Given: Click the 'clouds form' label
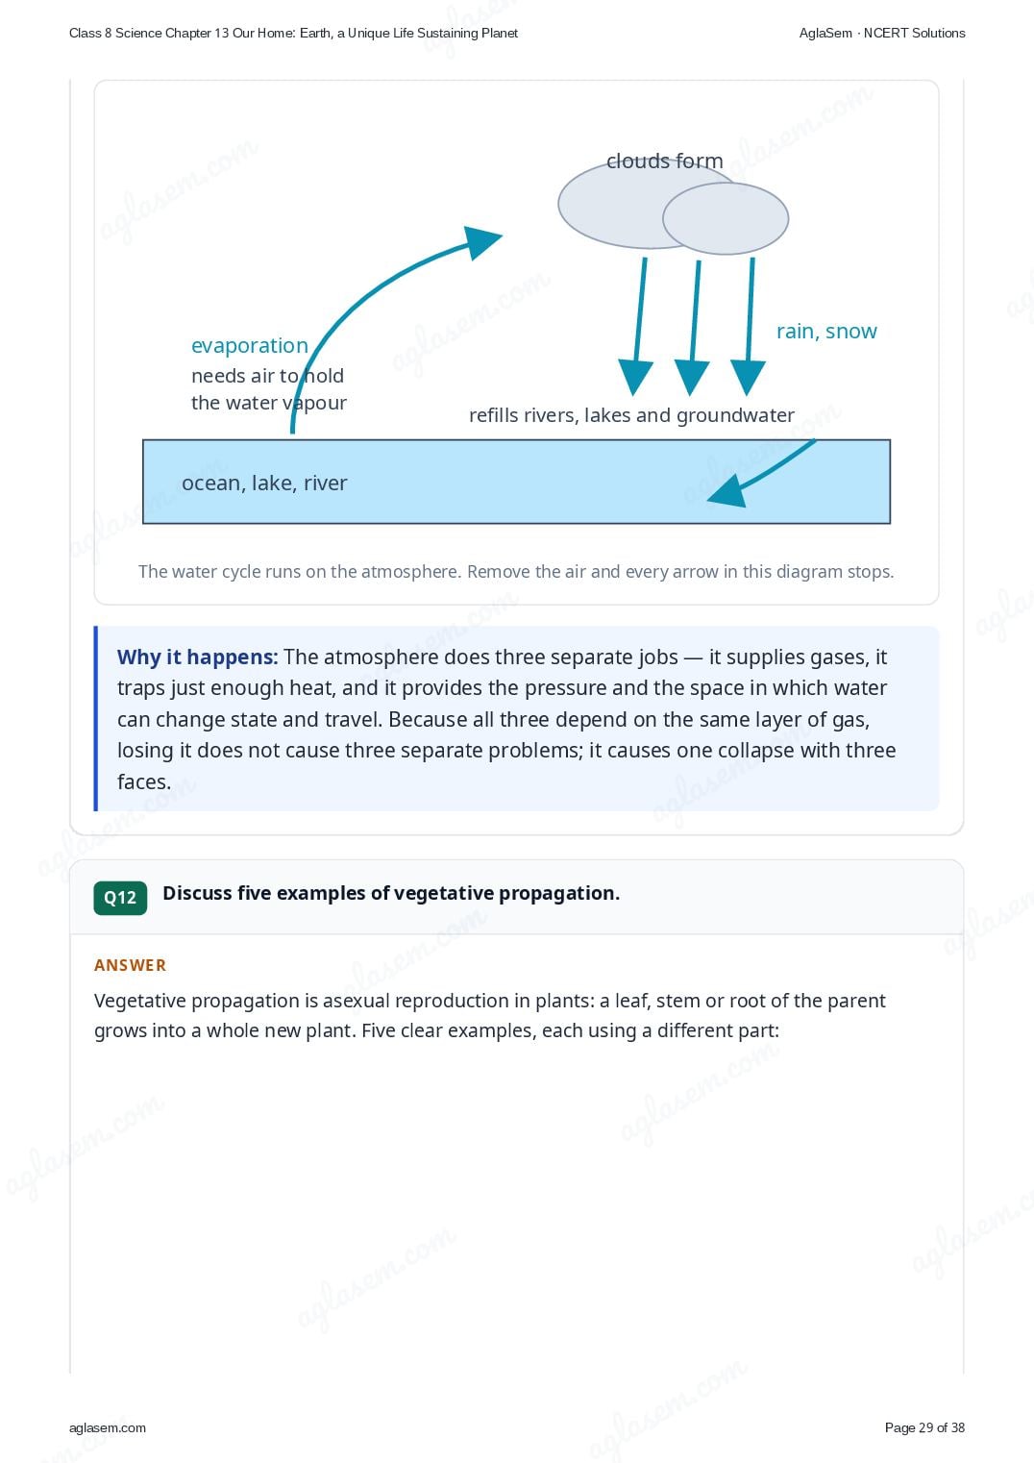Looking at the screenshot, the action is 665,161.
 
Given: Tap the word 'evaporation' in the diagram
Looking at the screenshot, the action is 249,345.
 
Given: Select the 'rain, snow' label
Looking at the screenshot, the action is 826,331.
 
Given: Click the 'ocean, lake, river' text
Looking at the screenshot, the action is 264,483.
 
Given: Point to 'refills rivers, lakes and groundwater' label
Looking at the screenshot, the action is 632,415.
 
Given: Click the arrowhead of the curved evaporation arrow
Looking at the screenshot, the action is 481,241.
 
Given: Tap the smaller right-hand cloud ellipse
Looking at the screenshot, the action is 726,218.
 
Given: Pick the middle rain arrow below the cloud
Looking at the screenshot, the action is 693,328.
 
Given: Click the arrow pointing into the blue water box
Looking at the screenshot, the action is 760,473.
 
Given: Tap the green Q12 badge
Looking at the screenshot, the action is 120,898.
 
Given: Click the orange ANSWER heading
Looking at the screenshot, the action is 130,965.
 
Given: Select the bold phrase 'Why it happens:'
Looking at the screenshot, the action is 198,657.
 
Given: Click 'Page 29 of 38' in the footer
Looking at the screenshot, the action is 924,1427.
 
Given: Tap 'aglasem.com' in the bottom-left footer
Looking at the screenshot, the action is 108,1427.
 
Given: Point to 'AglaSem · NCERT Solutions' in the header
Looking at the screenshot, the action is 882,34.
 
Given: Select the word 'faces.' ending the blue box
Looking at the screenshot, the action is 144,781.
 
